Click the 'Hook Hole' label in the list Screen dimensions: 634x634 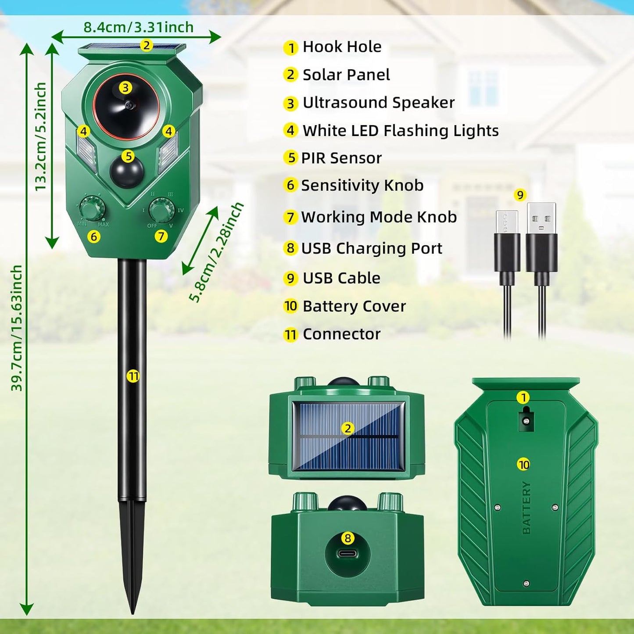(342, 47)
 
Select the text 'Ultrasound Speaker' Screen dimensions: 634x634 (378, 103)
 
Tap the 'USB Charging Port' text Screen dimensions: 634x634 (371, 248)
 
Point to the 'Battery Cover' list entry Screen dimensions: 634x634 (354, 306)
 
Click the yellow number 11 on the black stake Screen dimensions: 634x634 (133, 376)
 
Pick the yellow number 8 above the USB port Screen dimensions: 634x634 (347, 538)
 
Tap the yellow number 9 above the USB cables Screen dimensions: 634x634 (520, 195)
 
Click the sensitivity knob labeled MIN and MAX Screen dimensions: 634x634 (92, 209)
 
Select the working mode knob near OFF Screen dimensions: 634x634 (161, 210)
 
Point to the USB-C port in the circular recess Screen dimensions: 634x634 (347, 553)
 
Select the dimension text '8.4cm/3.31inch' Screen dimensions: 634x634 (139, 27)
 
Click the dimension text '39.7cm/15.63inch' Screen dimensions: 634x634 (17, 328)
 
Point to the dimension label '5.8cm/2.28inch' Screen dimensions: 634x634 (216, 252)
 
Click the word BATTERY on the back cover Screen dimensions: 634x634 (527, 508)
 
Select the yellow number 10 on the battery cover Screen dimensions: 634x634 (524, 465)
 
